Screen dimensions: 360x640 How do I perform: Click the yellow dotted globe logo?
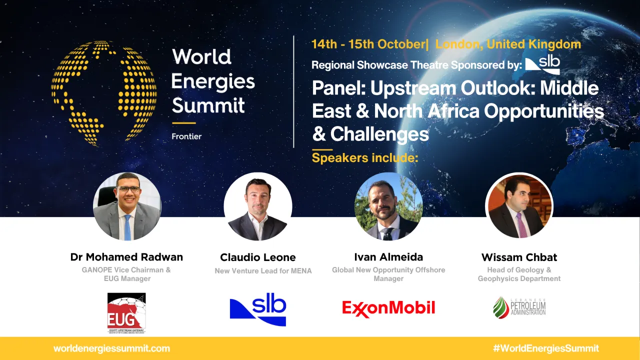pyautogui.click(x=103, y=93)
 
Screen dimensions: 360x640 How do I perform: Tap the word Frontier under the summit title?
pyautogui.click(x=186, y=136)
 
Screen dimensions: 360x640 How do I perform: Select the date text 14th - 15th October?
pyautogui.click(x=367, y=44)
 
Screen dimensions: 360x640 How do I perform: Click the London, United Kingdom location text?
pyautogui.click(x=508, y=44)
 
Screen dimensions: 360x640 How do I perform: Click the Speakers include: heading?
pyautogui.click(x=364, y=158)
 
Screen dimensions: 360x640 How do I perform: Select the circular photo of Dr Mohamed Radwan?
pyautogui.click(x=127, y=206)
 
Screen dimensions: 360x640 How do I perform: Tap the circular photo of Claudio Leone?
pyautogui.click(x=257, y=206)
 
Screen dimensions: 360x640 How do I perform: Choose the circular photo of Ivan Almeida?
pyautogui.click(x=388, y=206)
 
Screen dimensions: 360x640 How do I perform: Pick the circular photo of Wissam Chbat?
pyautogui.click(x=519, y=205)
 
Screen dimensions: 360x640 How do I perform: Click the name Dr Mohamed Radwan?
pyautogui.click(x=126, y=257)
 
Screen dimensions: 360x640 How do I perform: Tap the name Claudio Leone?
pyautogui.click(x=258, y=257)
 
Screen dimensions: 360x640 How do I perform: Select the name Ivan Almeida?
pyautogui.click(x=388, y=257)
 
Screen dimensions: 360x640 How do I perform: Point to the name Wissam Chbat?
pyautogui.click(x=519, y=257)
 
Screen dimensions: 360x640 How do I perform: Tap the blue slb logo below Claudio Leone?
pyautogui.click(x=258, y=310)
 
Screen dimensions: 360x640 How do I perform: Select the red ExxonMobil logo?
pyautogui.click(x=388, y=308)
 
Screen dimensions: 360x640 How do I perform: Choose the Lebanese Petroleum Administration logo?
pyautogui.click(x=519, y=307)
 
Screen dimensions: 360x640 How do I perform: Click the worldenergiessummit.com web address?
pyautogui.click(x=111, y=348)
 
